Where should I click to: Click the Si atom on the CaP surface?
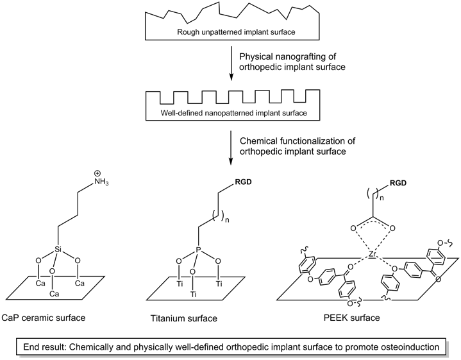coord(58,250)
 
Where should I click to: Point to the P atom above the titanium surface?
coord(199,250)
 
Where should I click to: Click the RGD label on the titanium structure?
coord(244,182)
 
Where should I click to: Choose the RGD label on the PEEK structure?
coord(398,183)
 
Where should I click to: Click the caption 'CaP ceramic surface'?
coord(43,318)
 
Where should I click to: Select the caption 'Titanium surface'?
coord(184,318)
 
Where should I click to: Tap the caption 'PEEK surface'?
coord(352,318)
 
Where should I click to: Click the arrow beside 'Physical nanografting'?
coord(231,63)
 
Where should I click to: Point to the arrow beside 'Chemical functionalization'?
coord(231,148)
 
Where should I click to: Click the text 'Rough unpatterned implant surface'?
coord(236,32)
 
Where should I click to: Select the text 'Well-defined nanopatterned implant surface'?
coord(234,113)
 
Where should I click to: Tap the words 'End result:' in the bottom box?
coord(45,347)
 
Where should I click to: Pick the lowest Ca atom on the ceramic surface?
coord(54,294)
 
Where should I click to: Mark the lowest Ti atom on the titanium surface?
coord(193,294)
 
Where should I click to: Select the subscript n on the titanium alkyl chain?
coord(227,219)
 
